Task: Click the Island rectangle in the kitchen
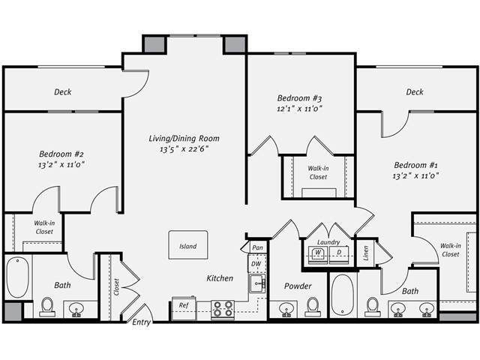[x=187, y=246]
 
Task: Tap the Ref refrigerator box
[x=184, y=305]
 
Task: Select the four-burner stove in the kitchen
[x=222, y=308]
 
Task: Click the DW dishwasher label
[x=256, y=264]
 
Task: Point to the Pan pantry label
[x=257, y=247]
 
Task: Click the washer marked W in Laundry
[x=318, y=253]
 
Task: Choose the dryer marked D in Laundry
[x=338, y=253]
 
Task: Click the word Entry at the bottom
[x=141, y=322]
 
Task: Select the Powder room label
[x=298, y=286]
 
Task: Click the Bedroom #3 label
[x=299, y=98]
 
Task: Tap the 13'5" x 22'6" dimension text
[x=184, y=148]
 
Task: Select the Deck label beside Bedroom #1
[x=415, y=92]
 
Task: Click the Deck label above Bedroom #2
[x=63, y=92]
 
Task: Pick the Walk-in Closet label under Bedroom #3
[x=318, y=172]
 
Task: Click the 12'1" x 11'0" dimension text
[x=299, y=109]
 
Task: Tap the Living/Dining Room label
[x=184, y=138]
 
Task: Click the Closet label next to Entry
[x=117, y=287]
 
